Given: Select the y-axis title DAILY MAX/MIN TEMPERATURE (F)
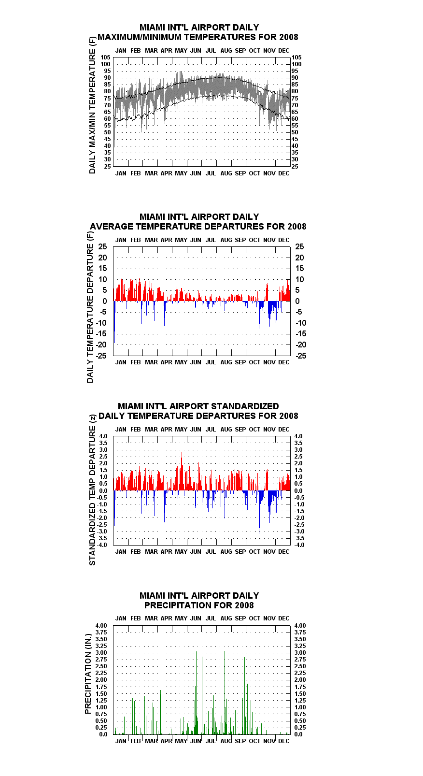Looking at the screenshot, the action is pos(92,105).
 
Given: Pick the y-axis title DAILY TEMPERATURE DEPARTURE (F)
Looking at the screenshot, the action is pos(90,307).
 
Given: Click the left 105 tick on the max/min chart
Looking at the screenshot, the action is pos(106,57).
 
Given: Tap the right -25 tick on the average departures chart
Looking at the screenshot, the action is pos(301,356).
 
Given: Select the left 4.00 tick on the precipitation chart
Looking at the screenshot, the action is pos(101,626).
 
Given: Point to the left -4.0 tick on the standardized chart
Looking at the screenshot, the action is pos(102,545).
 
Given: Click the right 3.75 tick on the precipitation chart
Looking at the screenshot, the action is pos(300,632).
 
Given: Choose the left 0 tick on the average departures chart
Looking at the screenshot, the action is pos(105,302).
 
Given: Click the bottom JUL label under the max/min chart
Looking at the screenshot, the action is pos(211,173).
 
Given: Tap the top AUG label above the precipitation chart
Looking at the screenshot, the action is pos(226,618).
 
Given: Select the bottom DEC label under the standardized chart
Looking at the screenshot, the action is pos(284,551).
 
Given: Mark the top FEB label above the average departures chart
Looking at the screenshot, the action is pos(136,240).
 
